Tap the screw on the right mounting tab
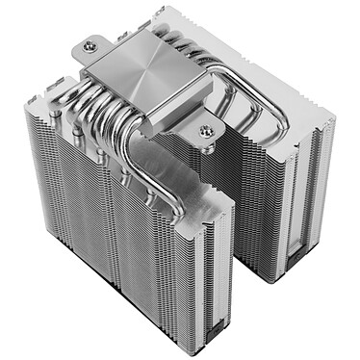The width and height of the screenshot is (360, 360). [206, 131]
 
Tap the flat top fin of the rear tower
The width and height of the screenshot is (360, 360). [289, 106]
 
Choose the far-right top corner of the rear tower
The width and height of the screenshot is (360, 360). [333, 120]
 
